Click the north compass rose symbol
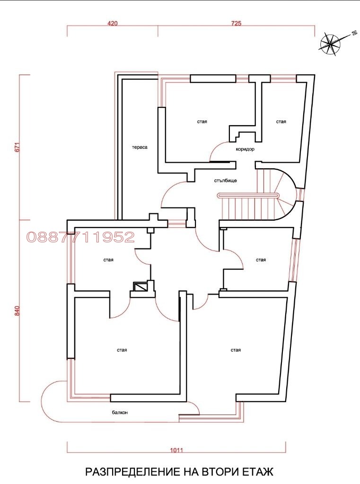(331, 43)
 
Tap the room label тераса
(140, 147)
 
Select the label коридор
(245, 149)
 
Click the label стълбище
(222, 181)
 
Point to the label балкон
(120, 413)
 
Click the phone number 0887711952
(80, 237)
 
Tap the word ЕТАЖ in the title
(257, 472)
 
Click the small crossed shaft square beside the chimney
(140, 287)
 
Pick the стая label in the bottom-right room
(236, 350)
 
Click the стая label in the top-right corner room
(281, 122)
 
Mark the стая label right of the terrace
(202, 122)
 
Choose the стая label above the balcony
(122, 350)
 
